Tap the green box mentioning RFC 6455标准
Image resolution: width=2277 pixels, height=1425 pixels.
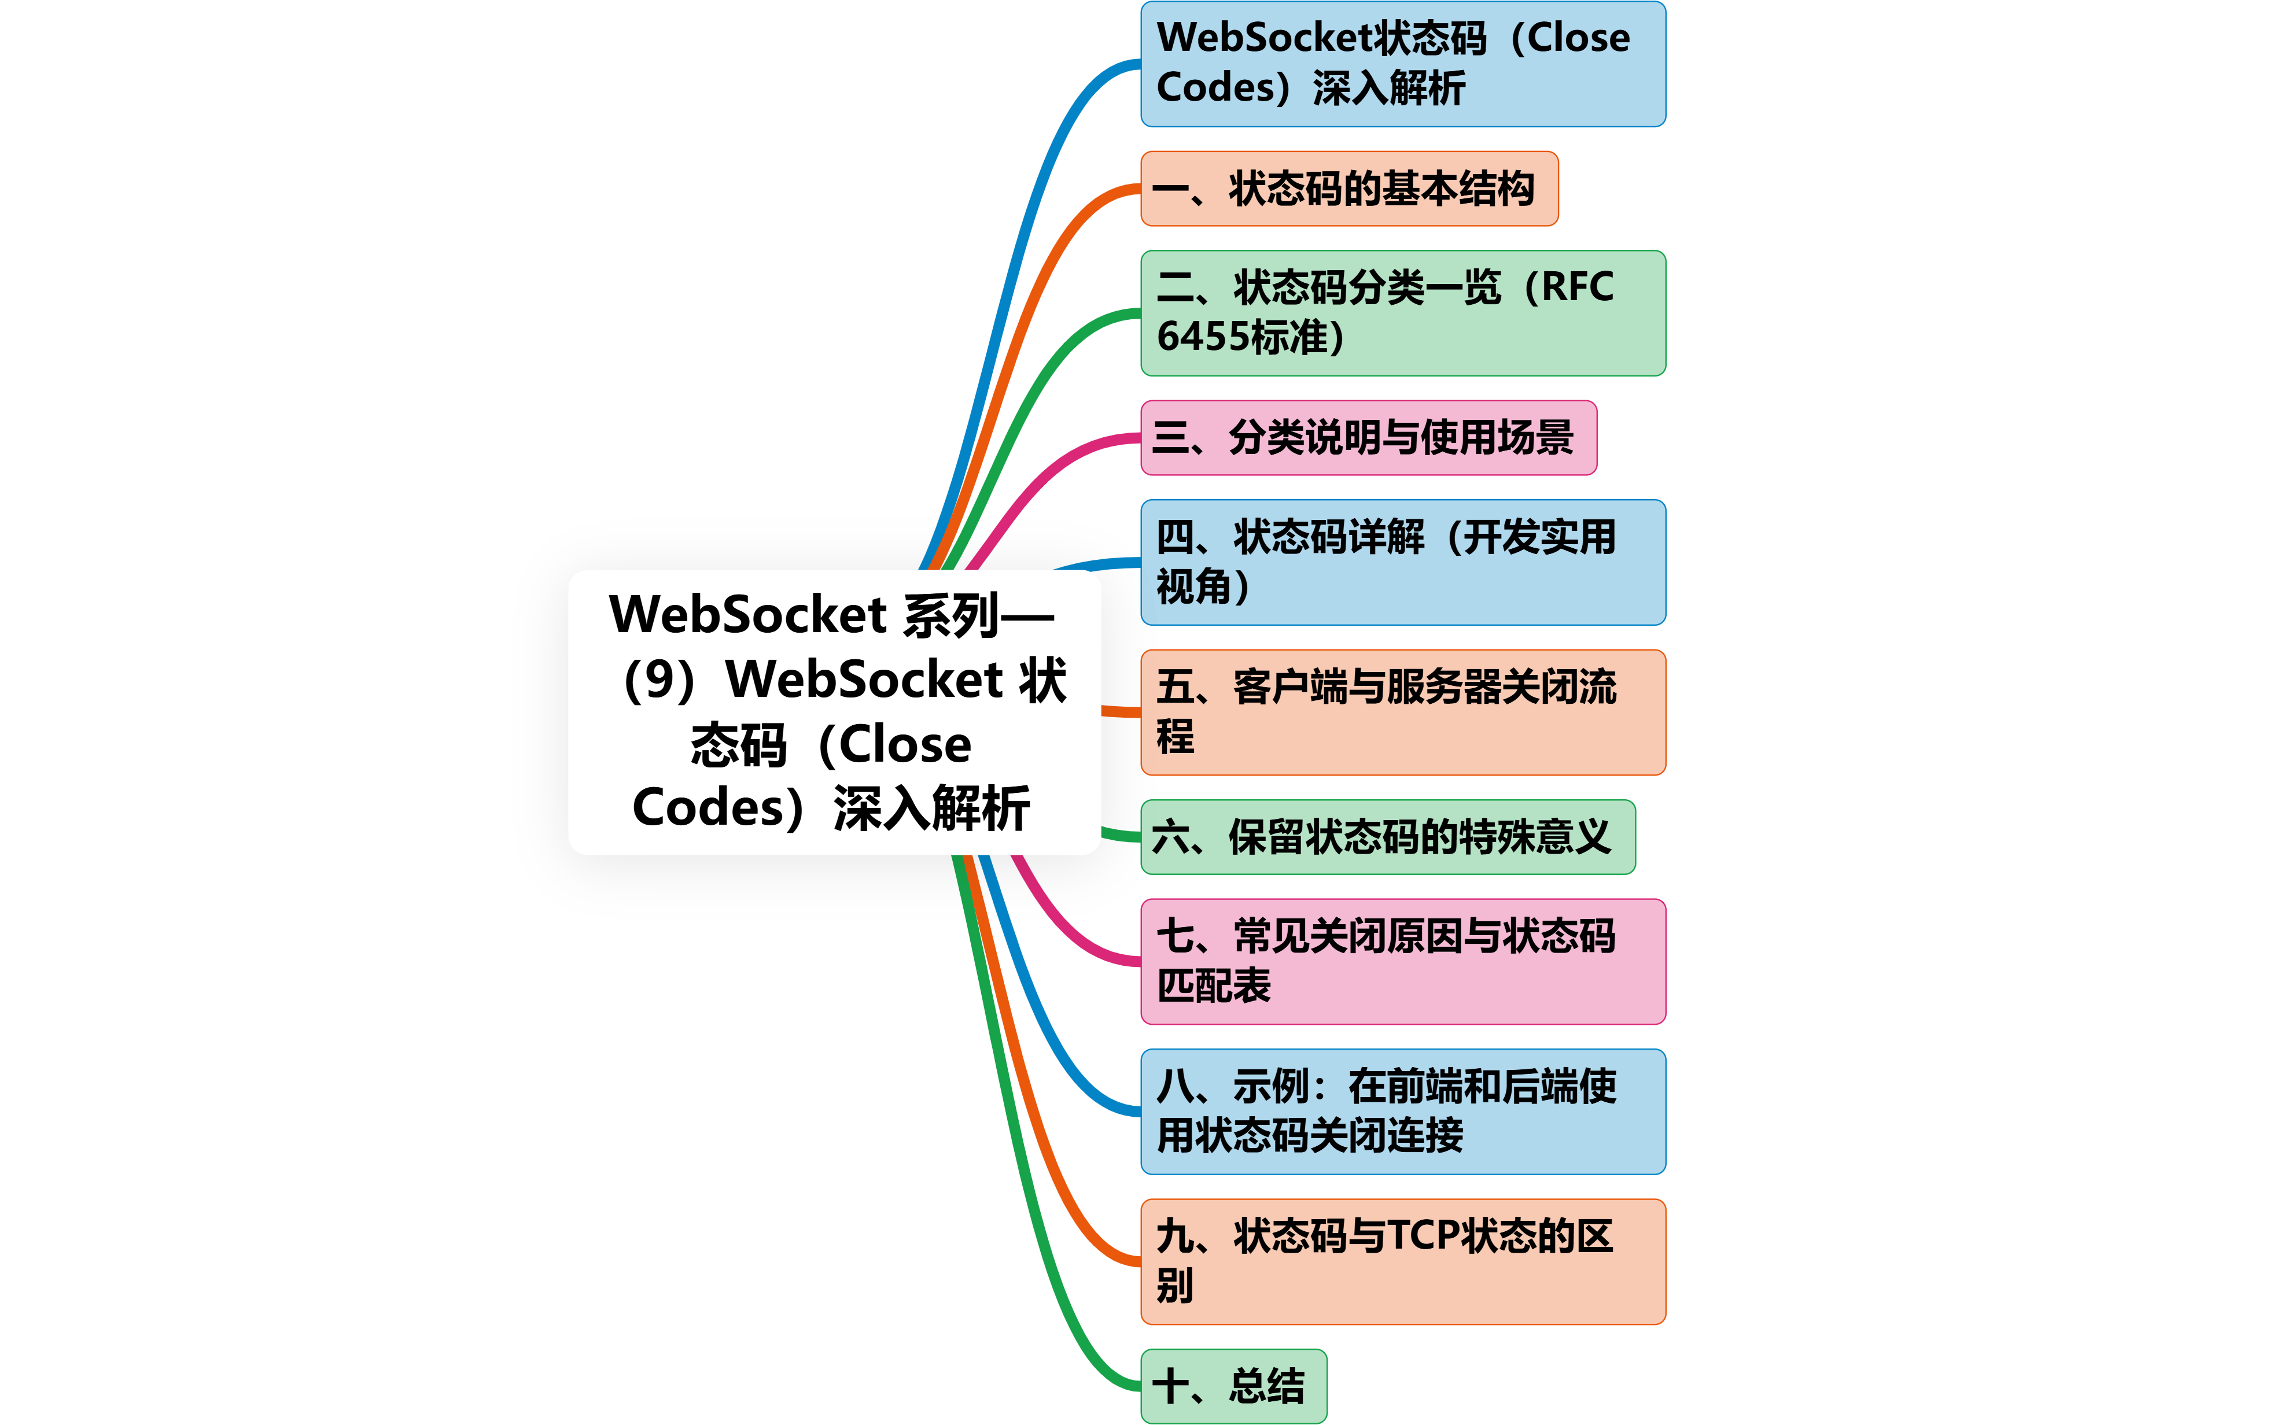click(1402, 313)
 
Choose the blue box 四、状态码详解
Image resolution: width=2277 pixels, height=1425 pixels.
click(1402, 562)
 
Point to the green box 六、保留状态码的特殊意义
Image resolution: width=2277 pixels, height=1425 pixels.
click(1387, 837)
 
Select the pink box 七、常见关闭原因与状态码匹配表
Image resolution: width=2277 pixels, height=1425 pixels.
click(1402, 961)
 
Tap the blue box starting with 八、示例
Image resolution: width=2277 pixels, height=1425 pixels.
click(1402, 1111)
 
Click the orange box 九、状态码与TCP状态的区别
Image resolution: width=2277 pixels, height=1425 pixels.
click(1402, 1261)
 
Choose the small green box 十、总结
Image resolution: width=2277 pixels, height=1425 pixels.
click(1233, 1386)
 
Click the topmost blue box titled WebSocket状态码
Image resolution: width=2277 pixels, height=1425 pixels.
click(1402, 64)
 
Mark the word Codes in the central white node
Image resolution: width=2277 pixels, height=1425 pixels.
click(709, 808)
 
